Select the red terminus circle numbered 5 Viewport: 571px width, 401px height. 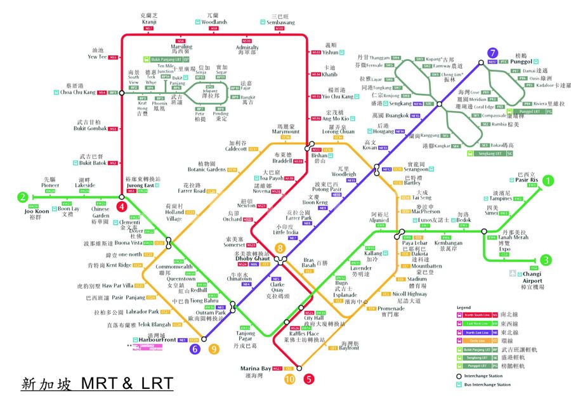pyautogui.click(x=308, y=379)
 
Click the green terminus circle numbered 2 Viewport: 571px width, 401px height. pyautogui.click(x=23, y=197)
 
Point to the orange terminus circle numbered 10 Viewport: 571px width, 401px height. pyautogui.click(x=289, y=379)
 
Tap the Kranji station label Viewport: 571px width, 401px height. pyautogui.click(x=148, y=22)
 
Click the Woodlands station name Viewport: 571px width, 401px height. pyautogui.click(x=214, y=22)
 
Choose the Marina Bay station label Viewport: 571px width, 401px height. pyautogui.click(x=256, y=368)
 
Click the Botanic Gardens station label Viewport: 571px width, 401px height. pyautogui.click(x=207, y=169)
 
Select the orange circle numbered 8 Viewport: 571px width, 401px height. pyautogui.click(x=279, y=248)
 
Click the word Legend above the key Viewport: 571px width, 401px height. pyautogui.click(x=464, y=306)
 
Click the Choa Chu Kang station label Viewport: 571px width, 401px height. pyautogui.click(x=77, y=93)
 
